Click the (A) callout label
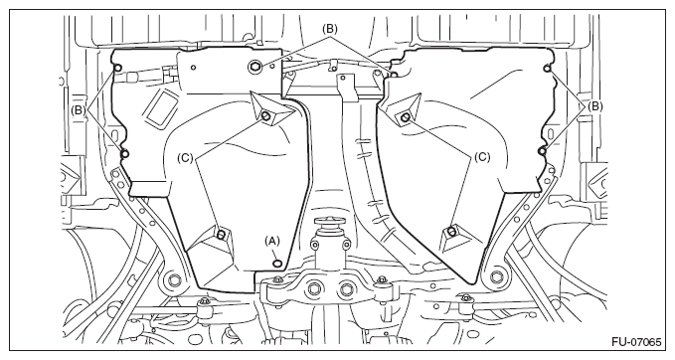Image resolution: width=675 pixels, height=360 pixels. pyautogui.click(x=272, y=241)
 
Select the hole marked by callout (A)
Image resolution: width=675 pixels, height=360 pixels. pyautogui.click(x=277, y=264)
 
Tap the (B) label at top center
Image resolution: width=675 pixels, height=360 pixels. pyautogui.click(x=329, y=29)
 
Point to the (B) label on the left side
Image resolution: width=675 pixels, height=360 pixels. pyautogui.click(x=80, y=110)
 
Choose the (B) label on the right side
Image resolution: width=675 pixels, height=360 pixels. pyautogui.click(x=594, y=106)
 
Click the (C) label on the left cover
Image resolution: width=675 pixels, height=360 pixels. pyautogui.click(x=186, y=158)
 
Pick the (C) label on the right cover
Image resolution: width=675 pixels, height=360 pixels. pyautogui.click(x=482, y=157)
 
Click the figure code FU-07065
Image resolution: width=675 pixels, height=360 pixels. pyautogui.click(x=636, y=342)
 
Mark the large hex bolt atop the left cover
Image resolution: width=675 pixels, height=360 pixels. pyautogui.click(x=253, y=67)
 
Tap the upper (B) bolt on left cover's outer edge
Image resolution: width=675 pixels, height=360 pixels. pyautogui.click(x=117, y=68)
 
